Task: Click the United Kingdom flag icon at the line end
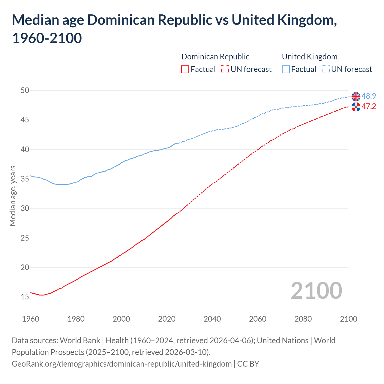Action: (356, 97)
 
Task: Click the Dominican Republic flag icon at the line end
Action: (356, 106)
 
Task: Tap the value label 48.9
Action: (369, 96)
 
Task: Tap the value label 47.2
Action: (369, 106)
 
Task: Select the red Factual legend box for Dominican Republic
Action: (185, 69)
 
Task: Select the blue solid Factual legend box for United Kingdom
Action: (286, 69)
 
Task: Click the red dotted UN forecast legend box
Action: (225, 69)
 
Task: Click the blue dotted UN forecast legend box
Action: (326, 69)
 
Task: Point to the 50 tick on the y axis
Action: (25, 90)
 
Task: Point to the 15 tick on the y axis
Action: (25, 297)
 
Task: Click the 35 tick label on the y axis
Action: (25, 179)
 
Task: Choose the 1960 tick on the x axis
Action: (31, 319)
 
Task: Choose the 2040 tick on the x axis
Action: (212, 319)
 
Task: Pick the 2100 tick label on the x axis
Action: (348, 319)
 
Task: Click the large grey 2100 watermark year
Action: (316, 290)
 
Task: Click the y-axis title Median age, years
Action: (13, 196)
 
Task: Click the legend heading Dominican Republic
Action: (215, 57)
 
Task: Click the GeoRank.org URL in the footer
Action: (121, 364)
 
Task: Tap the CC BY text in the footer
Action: (248, 364)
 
